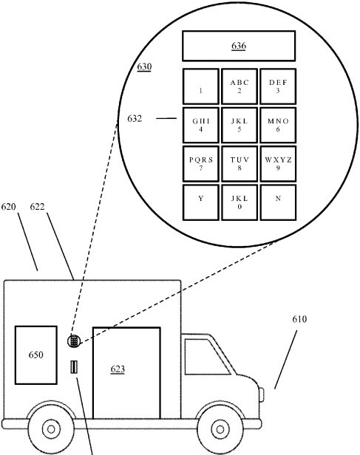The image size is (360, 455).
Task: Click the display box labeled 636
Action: [238, 46]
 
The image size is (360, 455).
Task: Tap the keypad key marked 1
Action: [200, 86]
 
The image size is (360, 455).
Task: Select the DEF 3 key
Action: [278, 86]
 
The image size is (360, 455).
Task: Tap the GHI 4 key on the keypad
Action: [200, 125]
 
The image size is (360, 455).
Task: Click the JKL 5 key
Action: [240, 125]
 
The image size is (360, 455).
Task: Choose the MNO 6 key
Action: [278, 125]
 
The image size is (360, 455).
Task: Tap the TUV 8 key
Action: [240, 164]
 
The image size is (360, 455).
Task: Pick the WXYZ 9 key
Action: [278, 164]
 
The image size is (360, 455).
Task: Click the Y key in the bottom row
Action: [200, 202]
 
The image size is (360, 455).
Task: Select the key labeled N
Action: [278, 202]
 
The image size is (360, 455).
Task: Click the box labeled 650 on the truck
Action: [36, 355]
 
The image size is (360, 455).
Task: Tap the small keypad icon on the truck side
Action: [74, 341]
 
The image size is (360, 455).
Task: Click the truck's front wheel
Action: [220, 428]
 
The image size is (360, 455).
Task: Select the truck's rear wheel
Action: [50, 428]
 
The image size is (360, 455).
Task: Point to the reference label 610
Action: [299, 320]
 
